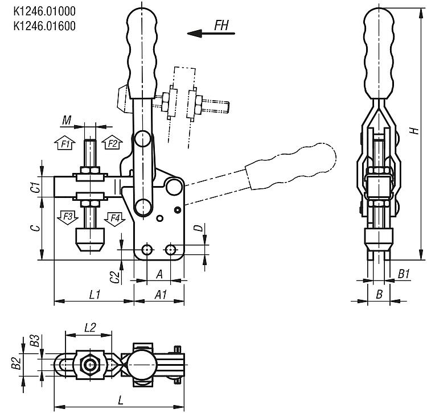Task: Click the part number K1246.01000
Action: [44, 11]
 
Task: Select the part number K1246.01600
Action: [44, 26]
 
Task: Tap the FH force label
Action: [221, 25]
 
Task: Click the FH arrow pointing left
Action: [211, 34]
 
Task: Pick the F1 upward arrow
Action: [65, 142]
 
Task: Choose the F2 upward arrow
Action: [112, 142]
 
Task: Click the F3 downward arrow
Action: [68, 217]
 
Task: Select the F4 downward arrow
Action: [114, 218]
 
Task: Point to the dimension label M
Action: [67, 120]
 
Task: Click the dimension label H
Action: [414, 131]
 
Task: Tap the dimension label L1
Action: [95, 294]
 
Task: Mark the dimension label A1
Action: [161, 294]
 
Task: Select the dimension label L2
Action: [90, 328]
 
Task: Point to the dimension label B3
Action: [35, 340]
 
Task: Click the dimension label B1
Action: [404, 274]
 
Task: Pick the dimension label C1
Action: [35, 187]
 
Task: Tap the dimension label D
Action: [200, 228]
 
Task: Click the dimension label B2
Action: [17, 363]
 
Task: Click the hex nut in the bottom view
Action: [89, 365]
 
